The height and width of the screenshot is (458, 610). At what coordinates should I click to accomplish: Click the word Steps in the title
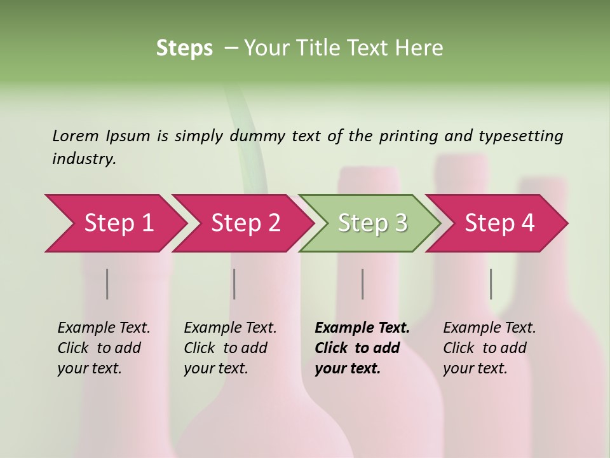(x=184, y=48)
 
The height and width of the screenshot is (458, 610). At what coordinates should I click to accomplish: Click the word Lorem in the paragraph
(x=75, y=135)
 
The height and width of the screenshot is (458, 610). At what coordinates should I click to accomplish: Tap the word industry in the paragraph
(x=83, y=158)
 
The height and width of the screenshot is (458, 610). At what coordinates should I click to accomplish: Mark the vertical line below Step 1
(x=107, y=284)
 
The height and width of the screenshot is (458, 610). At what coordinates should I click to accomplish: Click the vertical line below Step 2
(x=234, y=284)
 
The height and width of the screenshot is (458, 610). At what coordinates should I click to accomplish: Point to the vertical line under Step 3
(x=362, y=284)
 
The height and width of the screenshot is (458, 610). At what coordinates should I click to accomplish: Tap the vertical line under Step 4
(x=491, y=284)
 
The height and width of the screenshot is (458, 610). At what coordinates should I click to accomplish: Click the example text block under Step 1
(x=104, y=348)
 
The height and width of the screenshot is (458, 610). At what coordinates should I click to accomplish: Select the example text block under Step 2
(x=230, y=348)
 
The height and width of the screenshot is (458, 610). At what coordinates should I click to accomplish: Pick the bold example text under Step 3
(x=362, y=348)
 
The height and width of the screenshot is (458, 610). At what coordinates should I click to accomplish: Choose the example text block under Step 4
(x=489, y=348)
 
